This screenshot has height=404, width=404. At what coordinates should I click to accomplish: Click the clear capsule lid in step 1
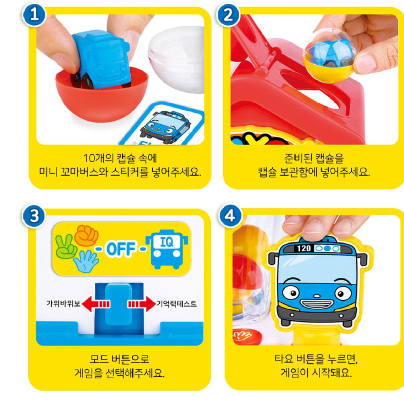[178, 67]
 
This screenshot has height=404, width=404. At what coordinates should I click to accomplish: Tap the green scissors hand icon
[66, 247]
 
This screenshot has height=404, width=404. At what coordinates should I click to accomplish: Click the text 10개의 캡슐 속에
[120, 158]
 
